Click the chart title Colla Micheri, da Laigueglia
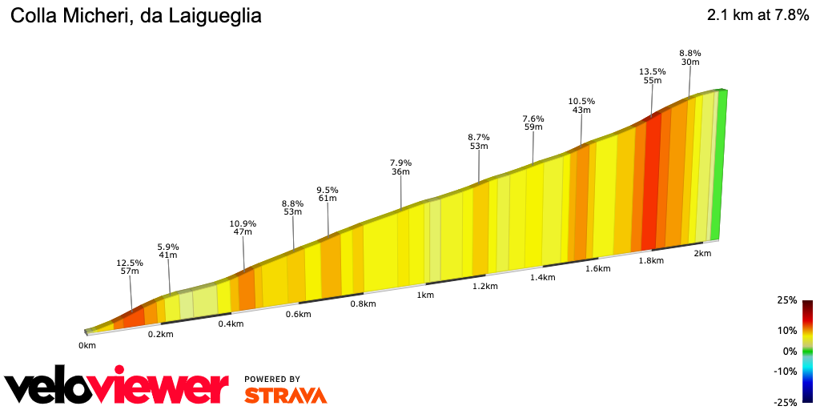tap(135, 15)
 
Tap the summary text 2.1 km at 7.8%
tap(758, 15)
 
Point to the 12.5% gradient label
tap(130, 263)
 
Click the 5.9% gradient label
tap(168, 247)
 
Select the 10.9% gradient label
tap(243, 223)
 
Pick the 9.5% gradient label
tap(328, 190)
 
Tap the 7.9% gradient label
tap(400, 163)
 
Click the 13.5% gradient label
tap(653, 71)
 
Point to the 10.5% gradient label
tap(581, 101)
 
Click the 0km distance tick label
tap(87, 345)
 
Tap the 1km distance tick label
tap(425, 295)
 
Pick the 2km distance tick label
tap(702, 253)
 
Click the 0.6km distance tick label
tap(298, 314)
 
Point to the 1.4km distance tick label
tap(543, 277)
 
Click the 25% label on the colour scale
tap(788, 300)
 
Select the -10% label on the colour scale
tap(786, 371)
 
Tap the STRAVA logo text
tap(286, 395)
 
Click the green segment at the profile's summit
tap(719, 160)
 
